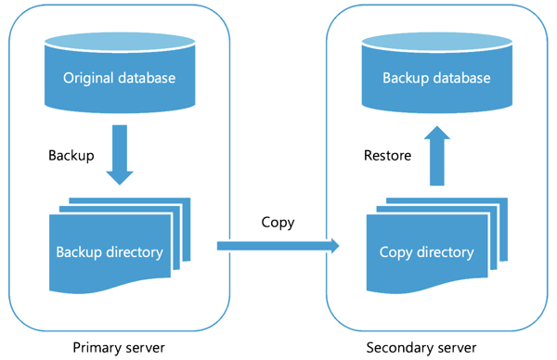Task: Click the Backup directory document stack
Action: tap(115, 246)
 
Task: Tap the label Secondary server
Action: tap(421, 347)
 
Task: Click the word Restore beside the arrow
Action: tap(387, 155)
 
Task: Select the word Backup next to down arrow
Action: tap(71, 155)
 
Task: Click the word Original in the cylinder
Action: tap(91, 78)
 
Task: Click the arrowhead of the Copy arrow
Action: tap(331, 246)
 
